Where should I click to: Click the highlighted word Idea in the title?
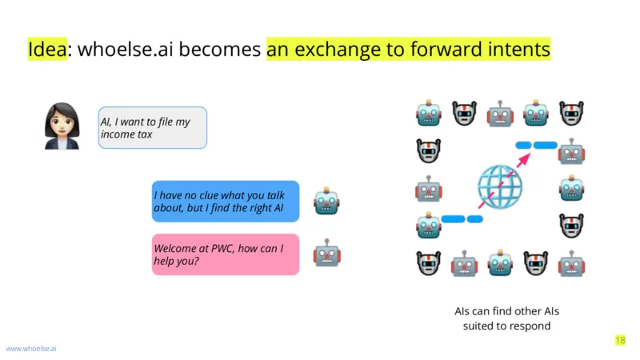pyautogui.click(x=47, y=49)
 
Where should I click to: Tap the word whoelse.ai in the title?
pyautogui.click(x=126, y=49)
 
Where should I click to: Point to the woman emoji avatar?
pyautogui.click(x=62, y=126)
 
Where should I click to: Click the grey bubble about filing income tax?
pyautogui.click(x=153, y=128)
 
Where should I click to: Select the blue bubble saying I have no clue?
pyautogui.click(x=226, y=202)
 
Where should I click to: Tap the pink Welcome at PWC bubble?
pyautogui.click(x=226, y=254)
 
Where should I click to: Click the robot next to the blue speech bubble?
pyautogui.click(x=326, y=201)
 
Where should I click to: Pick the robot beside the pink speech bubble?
pyautogui.click(x=326, y=253)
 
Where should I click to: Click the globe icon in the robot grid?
pyautogui.click(x=500, y=187)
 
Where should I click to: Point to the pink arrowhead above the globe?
pyautogui.click(x=524, y=159)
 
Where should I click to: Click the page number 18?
pyautogui.click(x=620, y=340)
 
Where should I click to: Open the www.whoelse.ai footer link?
pyautogui.click(x=31, y=349)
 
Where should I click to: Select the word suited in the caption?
pyautogui.click(x=479, y=326)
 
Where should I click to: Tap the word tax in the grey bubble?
pyautogui.click(x=145, y=134)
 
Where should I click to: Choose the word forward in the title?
pyautogui.click(x=446, y=49)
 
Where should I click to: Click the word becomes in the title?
pyautogui.click(x=219, y=49)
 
